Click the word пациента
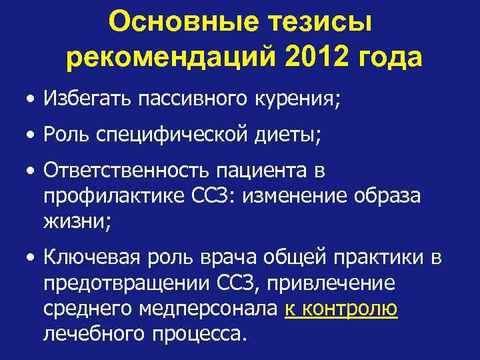tap(255, 171)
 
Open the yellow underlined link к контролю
tap(341, 308)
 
